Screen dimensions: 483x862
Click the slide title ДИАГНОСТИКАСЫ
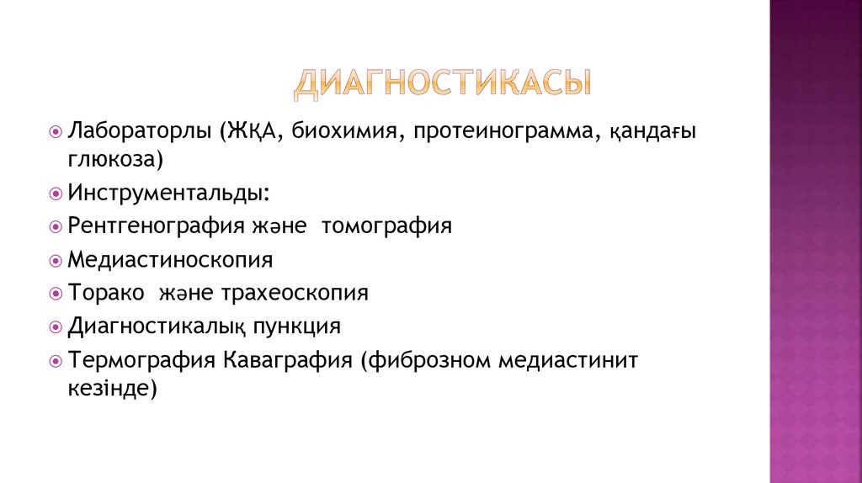click(x=442, y=84)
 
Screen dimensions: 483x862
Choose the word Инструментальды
click(x=168, y=194)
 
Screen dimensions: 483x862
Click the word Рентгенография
click(x=157, y=227)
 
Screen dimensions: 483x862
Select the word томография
click(x=386, y=227)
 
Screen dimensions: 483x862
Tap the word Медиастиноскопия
click(x=171, y=260)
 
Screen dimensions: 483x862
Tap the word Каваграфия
click(x=287, y=360)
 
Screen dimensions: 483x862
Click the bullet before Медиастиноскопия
click(x=56, y=260)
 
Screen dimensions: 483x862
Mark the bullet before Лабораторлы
click(x=56, y=133)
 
